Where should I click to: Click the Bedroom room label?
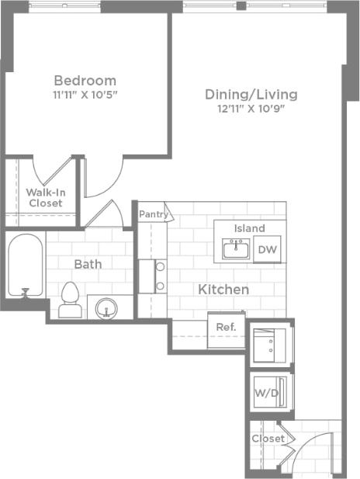pos(85,80)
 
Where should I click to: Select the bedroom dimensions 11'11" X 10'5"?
pos(85,95)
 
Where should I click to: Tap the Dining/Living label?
pos(251,94)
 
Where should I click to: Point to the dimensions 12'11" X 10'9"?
pos(251,109)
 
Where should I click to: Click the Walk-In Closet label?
pos(45,197)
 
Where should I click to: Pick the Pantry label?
pos(153,213)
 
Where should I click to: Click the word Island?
pos(249,228)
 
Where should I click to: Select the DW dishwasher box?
pos(267,249)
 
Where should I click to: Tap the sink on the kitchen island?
pos(234,249)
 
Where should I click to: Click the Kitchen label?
pos(223,290)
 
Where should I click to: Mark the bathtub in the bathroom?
pos(25,266)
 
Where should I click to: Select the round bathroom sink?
pos(107,308)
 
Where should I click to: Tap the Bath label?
pos(88,264)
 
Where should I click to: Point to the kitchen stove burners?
pos(160,276)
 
